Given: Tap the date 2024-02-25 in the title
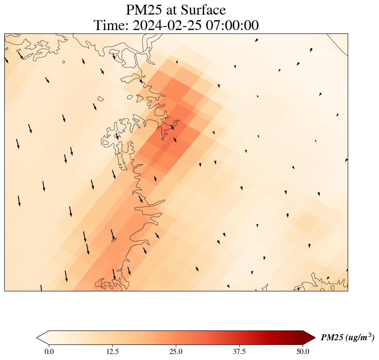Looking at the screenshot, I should [x=167, y=25].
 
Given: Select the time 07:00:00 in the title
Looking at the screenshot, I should [x=232, y=25].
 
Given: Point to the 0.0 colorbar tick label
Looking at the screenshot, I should [x=49, y=352].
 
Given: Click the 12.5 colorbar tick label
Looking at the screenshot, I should [x=112, y=352].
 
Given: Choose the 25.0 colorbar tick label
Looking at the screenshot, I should [x=176, y=352].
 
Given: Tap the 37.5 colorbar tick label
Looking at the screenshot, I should [x=239, y=352].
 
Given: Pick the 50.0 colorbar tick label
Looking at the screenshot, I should [x=303, y=352].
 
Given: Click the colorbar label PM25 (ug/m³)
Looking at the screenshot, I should [x=347, y=337].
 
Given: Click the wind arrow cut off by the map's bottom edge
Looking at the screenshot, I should [x=41, y=288].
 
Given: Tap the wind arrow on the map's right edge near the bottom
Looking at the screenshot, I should [x=347, y=270].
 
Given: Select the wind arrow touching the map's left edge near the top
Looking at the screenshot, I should [x=6, y=59].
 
